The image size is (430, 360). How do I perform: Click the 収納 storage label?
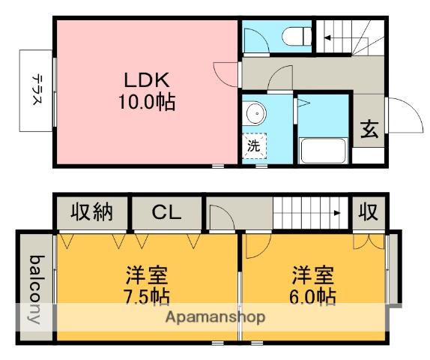pyautogui.click(x=91, y=212)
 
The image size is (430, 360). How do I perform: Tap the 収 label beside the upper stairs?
pyautogui.click(x=367, y=212)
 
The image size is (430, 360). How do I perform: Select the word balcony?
pyautogui.click(x=34, y=289)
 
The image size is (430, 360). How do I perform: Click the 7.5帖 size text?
pyautogui.click(x=146, y=296)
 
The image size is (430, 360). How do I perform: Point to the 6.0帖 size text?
pyautogui.click(x=313, y=296)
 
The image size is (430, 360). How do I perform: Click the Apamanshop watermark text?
pyautogui.click(x=216, y=317)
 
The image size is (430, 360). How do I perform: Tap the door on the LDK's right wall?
pyautogui.click(x=227, y=73)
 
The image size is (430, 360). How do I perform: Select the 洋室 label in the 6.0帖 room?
pyautogui.click(x=313, y=274)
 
